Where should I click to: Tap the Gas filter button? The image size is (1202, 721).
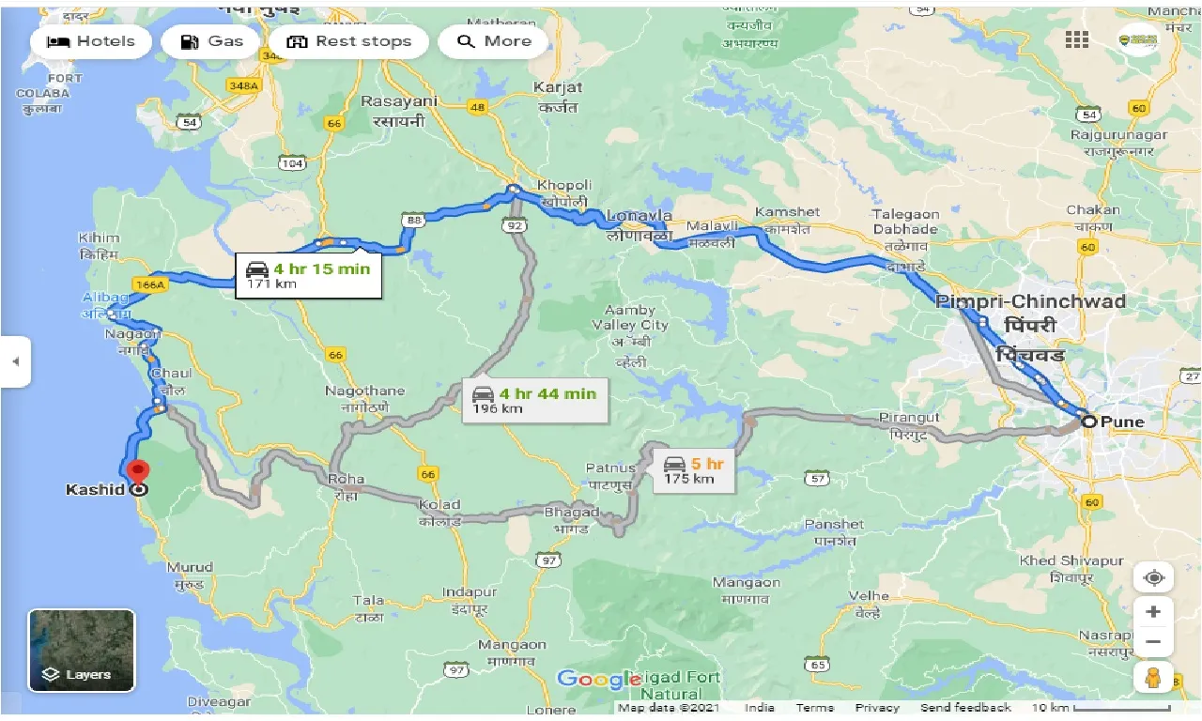pos(210,41)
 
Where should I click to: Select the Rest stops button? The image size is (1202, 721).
pos(348,41)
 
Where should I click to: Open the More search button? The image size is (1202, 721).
pos(493,41)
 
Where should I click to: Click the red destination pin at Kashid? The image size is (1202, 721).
pos(138,473)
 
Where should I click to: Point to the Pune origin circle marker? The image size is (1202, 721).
pos(1089,422)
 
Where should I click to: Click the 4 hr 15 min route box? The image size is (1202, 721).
pos(308,275)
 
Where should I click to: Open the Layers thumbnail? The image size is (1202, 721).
pos(82,651)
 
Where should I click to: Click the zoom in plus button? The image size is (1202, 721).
pos(1153,612)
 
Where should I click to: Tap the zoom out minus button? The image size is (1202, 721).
pos(1153,643)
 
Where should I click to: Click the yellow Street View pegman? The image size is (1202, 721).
pos(1153,677)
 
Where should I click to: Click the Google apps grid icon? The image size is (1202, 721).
pos(1077,39)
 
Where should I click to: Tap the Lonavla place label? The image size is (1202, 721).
pos(639,216)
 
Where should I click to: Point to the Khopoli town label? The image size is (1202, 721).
pos(562,185)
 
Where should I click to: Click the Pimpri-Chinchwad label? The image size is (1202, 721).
pos(1030,301)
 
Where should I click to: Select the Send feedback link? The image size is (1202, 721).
pos(965,708)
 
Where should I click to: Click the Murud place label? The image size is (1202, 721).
pos(190,567)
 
